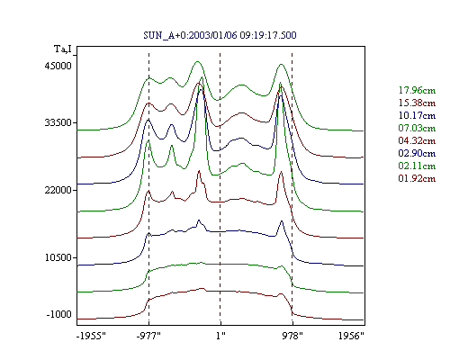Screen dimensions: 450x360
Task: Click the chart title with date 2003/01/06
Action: pyautogui.click(x=220, y=35)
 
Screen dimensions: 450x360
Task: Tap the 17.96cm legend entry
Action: pyautogui.click(x=417, y=90)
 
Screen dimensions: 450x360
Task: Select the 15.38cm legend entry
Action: pyautogui.click(x=417, y=103)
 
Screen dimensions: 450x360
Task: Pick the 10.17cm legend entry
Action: pyautogui.click(x=417, y=115)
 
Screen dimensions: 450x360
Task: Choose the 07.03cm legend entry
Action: pyautogui.click(x=417, y=128)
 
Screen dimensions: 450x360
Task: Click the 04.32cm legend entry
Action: pyautogui.click(x=417, y=140)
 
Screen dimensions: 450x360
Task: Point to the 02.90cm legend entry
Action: pyautogui.click(x=417, y=153)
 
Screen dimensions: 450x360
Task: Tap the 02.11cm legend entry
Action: pyautogui.click(x=417, y=166)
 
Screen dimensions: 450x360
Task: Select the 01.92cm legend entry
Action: pyautogui.click(x=417, y=178)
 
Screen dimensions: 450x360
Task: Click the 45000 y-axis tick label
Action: pyautogui.click(x=58, y=66)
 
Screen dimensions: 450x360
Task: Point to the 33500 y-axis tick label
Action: pyautogui.click(x=58, y=122)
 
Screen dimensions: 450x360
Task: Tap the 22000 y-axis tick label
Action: pyautogui.click(x=58, y=190)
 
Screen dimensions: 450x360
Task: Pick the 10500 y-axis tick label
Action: pyautogui.click(x=58, y=257)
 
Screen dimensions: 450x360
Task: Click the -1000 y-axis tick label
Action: pyautogui.click(x=59, y=314)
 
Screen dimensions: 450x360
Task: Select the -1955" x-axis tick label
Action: pyautogui.click(x=91, y=336)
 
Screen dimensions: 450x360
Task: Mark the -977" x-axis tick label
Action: pyautogui.click(x=148, y=336)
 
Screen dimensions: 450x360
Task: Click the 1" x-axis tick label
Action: pyautogui.click(x=220, y=336)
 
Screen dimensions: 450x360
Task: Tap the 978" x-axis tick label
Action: pyautogui.click(x=292, y=336)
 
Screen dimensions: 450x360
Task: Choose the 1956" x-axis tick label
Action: pyautogui.click(x=351, y=336)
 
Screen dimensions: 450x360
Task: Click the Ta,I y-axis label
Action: pyautogui.click(x=63, y=49)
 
